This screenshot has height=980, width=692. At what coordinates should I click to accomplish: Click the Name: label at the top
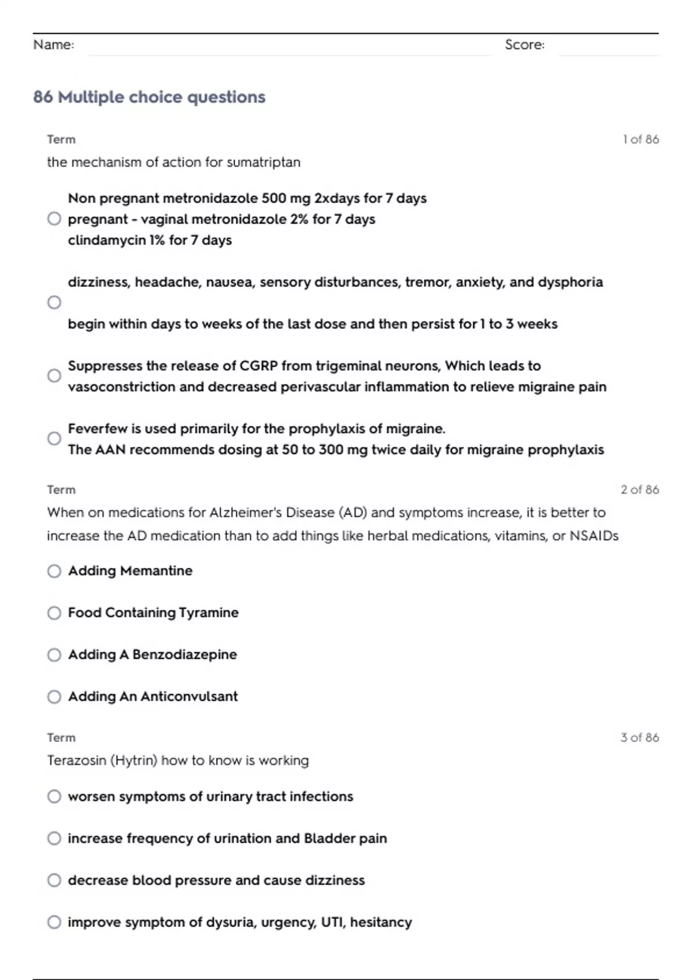(54, 44)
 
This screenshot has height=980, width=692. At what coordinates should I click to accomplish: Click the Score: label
(524, 44)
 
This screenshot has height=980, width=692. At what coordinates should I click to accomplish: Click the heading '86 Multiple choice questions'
(149, 97)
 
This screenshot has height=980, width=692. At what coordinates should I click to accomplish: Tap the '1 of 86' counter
(641, 140)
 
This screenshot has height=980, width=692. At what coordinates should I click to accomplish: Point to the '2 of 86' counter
(640, 489)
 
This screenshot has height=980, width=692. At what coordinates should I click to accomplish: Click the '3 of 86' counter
(640, 737)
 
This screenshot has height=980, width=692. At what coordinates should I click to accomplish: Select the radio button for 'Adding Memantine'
(54, 571)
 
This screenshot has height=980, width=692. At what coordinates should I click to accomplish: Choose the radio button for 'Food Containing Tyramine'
(54, 613)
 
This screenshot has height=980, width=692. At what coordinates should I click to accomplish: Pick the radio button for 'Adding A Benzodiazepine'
(54, 655)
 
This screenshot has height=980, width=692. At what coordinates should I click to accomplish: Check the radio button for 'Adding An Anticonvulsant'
(54, 696)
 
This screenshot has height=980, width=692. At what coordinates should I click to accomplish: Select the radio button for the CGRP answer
(54, 376)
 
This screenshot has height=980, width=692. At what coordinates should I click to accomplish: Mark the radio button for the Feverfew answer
(54, 439)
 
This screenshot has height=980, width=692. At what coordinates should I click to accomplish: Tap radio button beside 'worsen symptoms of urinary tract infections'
(54, 796)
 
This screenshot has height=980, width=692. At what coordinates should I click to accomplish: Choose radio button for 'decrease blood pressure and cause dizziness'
(54, 880)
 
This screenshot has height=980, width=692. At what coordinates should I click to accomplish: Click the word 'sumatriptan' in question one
(264, 162)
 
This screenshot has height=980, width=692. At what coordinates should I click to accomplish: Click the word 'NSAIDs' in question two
(594, 536)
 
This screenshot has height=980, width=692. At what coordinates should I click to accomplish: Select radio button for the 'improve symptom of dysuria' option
(54, 922)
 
